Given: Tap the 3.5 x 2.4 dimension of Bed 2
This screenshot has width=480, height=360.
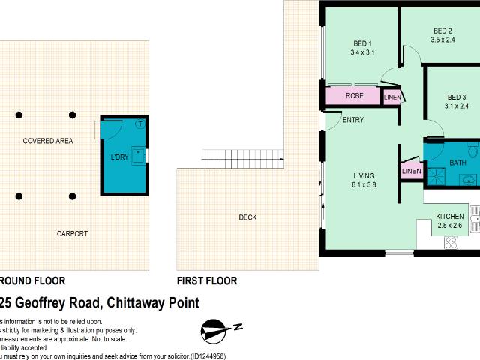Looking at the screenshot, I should (x=442, y=41).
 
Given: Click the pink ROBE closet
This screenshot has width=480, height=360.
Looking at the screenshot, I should (x=354, y=96).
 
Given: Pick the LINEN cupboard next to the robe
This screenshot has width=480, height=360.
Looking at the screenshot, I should (x=392, y=97).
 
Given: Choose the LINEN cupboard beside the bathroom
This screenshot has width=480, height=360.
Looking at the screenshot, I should (x=412, y=172).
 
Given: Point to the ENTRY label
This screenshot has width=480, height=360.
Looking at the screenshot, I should (x=353, y=120).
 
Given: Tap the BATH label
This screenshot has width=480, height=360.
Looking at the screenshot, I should (x=457, y=163).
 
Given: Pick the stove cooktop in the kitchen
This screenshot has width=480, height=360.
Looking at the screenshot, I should (x=451, y=241).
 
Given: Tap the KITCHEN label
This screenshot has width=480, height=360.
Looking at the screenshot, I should (x=451, y=217).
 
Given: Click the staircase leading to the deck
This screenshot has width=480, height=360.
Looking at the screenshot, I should (x=243, y=158).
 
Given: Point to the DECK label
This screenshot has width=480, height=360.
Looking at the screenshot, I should (x=247, y=217).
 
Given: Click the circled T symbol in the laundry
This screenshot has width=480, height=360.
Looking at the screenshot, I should (x=140, y=124).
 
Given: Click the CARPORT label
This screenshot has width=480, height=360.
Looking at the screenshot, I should (x=72, y=234).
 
